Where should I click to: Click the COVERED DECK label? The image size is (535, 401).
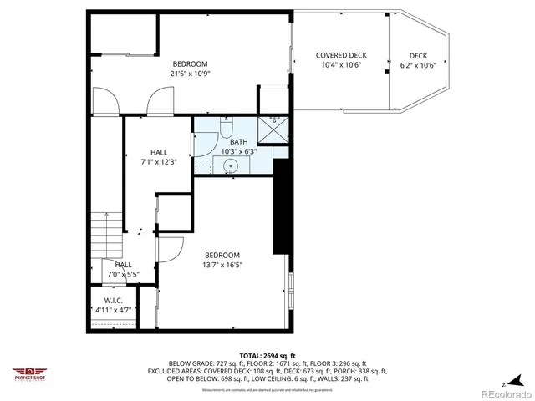coord(341,55)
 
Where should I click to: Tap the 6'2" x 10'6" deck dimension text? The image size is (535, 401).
coord(419,65)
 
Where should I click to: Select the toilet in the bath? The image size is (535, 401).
coord(226,129)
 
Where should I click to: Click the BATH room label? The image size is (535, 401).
coord(239,142)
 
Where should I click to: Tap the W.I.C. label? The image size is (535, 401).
coord(114,301)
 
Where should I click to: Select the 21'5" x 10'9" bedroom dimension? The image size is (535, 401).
coord(190,74)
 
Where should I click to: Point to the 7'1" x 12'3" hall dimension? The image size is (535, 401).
coord(159,161)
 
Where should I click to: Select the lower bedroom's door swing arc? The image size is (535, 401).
coord(172,249)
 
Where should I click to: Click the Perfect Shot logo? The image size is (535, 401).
coord(29,373)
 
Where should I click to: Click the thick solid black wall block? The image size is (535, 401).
coord(280,205)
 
